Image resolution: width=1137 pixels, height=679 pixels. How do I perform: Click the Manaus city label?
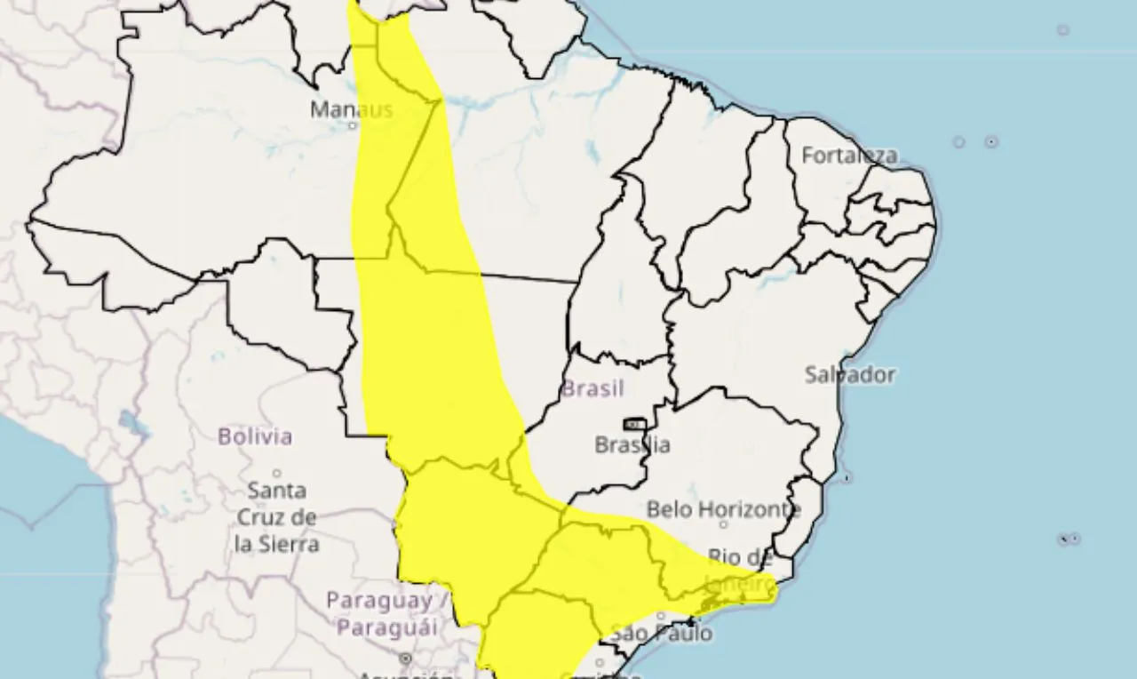[351, 109]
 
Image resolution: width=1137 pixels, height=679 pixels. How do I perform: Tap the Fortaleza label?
[849, 156]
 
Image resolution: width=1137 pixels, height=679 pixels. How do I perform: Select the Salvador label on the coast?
[850, 374]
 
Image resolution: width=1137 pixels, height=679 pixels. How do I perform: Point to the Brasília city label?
[632, 444]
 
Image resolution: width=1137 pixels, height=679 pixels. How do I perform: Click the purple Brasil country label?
[592, 388]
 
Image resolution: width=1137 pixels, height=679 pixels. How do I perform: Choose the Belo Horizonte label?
[723, 510]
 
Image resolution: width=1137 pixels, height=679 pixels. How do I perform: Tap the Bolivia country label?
[255, 436]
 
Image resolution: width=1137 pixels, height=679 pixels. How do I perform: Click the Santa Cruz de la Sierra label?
[277, 516]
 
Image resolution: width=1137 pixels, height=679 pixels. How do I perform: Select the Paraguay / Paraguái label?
[380, 613]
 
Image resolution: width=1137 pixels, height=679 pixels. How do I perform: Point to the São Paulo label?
[662, 634]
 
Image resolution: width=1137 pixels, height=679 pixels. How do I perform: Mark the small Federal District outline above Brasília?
[635, 424]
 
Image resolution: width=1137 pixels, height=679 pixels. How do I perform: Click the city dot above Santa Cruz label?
[276, 474]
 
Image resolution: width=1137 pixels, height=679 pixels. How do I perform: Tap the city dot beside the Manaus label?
[353, 125]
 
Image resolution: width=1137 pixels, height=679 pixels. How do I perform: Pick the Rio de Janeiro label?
[740, 570]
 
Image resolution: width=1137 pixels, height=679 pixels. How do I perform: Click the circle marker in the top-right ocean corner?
[1063, 30]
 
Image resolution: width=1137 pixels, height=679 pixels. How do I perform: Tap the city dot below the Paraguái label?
[405, 659]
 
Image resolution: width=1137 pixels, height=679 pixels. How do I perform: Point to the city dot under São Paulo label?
[661, 615]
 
